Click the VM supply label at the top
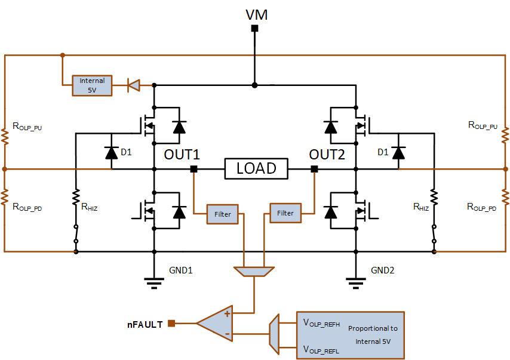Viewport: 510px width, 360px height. point(256,15)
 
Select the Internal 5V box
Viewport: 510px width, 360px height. point(92,85)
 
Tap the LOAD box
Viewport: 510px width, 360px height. point(256,168)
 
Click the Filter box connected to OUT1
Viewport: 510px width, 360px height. point(223,214)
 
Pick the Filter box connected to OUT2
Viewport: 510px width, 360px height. point(285,213)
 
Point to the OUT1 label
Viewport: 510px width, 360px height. point(182,155)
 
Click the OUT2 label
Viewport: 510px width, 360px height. point(327,155)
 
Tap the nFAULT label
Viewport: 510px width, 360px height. point(145,325)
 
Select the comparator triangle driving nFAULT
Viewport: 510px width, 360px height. point(214,323)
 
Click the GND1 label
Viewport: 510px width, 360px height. point(181,270)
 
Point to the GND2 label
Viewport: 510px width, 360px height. point(382,270)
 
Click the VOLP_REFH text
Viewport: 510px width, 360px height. point(321,323)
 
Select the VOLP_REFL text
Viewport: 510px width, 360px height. point(321,350)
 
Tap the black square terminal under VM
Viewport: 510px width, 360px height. point(254,28)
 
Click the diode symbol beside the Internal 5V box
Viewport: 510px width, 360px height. point(134,85)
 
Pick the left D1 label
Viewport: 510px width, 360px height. point(126,152)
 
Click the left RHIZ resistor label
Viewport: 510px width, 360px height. point(89,207)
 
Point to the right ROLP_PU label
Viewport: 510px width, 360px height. point(483,125)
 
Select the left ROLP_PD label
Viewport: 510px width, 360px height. point(27,207)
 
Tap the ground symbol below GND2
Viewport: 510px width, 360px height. point(356,283)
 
